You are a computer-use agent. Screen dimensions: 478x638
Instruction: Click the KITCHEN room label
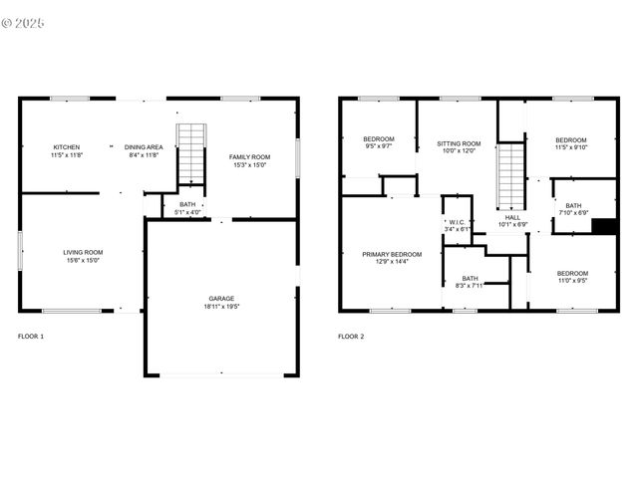click(x=67, y=147)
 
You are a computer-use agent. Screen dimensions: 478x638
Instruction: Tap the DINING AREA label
click(x=144, y=147)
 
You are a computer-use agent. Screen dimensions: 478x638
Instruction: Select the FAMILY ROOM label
click(x=249, y=156)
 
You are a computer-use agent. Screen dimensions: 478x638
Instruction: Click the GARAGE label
click(x=222, y=298)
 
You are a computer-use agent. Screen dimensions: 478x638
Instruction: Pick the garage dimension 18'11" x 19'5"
click(x=222, y=306)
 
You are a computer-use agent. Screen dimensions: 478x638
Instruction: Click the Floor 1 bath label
click(x=187, y=204)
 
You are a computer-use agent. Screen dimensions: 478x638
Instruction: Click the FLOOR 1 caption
click(x=31, y=337)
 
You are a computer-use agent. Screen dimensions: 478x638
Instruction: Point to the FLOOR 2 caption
click(x=351, y=337)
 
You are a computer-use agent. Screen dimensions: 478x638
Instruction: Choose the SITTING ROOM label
click(x=459, y=143)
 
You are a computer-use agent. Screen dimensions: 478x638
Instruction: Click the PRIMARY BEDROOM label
click(x=391, y=254)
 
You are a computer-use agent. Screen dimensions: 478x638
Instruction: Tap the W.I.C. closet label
click(x=457, y=222)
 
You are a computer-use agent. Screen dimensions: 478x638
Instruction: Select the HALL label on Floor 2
click(x=512, y=217)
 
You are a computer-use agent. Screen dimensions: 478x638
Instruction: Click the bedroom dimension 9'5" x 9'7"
click(x=378, y=146)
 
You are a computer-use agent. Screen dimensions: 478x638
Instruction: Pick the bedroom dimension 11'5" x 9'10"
click(x=571, y=147)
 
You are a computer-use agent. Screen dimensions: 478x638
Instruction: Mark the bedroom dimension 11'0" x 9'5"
click(x=572, y=281)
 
